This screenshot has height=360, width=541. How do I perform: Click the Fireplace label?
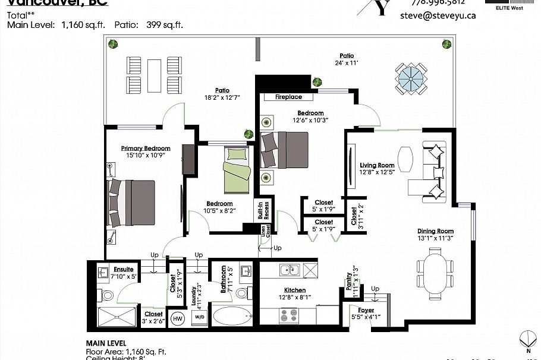tap(288, 97)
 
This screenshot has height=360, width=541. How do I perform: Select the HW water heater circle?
tap(177, 318)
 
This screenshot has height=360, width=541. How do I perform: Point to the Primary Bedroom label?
tap(146, 149)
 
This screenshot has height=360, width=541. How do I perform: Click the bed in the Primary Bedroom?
tap(131, 203)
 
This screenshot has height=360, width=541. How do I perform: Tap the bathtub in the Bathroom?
tap(232, 316)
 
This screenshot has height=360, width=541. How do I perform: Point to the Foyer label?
tap(366, 310)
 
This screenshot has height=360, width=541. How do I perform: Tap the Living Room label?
tap(378, 166)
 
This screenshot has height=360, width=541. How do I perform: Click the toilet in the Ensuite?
tap(108, 295)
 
